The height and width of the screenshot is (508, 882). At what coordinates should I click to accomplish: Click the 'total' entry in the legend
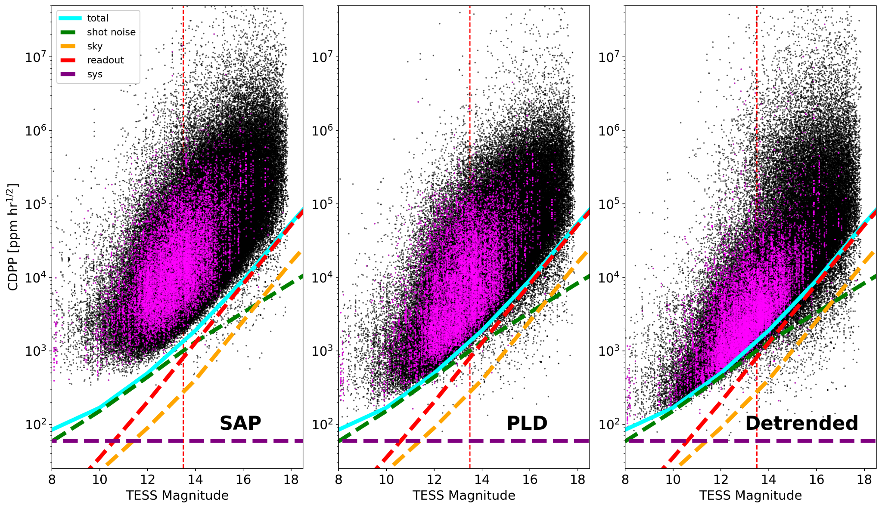coord(97,18)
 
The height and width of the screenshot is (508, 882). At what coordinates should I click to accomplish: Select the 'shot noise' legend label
coord(111,32)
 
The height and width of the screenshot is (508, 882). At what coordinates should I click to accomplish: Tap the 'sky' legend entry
coord(94,46)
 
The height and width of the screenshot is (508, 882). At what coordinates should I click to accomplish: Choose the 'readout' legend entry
coord(105,60)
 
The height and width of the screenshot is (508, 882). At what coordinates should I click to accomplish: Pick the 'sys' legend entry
coord(94,74)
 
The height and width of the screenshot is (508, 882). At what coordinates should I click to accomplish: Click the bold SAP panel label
coord(240,423)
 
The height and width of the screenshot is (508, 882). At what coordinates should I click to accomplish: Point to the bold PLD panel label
coord(526,423)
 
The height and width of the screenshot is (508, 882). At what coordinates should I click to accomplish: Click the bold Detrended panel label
coord(801,423)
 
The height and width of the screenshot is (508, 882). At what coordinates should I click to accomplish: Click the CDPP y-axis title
coord(13,237)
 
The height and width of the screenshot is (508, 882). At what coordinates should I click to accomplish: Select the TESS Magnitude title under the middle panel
coord(463,496)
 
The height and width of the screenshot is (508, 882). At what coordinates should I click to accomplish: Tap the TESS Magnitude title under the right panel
coord(750,496)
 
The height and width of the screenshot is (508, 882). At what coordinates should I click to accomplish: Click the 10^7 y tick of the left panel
coord(35,57)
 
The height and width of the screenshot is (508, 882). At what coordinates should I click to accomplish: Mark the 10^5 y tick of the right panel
coord(609,204)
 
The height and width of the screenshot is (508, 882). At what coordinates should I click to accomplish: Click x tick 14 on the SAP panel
coord(195,479)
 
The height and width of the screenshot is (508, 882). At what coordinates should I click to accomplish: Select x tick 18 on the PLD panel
coord(578,479)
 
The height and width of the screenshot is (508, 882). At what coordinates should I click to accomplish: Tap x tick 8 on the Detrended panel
coord(625,479)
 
